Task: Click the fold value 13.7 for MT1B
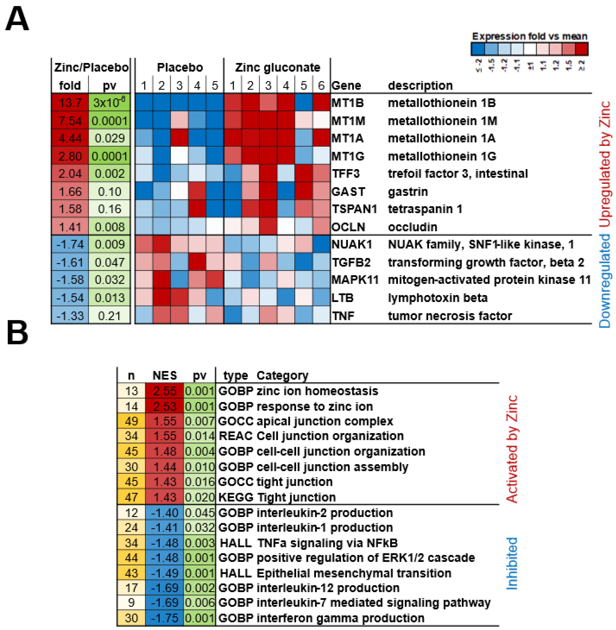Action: click(70, 103)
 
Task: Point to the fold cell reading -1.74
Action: click(70, 244)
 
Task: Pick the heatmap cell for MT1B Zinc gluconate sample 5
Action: click(303, 103)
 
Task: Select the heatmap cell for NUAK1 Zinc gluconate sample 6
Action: click(321, 244)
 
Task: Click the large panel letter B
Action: click(17, 333)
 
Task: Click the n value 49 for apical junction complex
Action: click(131, 421)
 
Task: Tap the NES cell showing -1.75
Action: click(165, 618)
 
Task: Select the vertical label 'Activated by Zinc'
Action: click(512, 449)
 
